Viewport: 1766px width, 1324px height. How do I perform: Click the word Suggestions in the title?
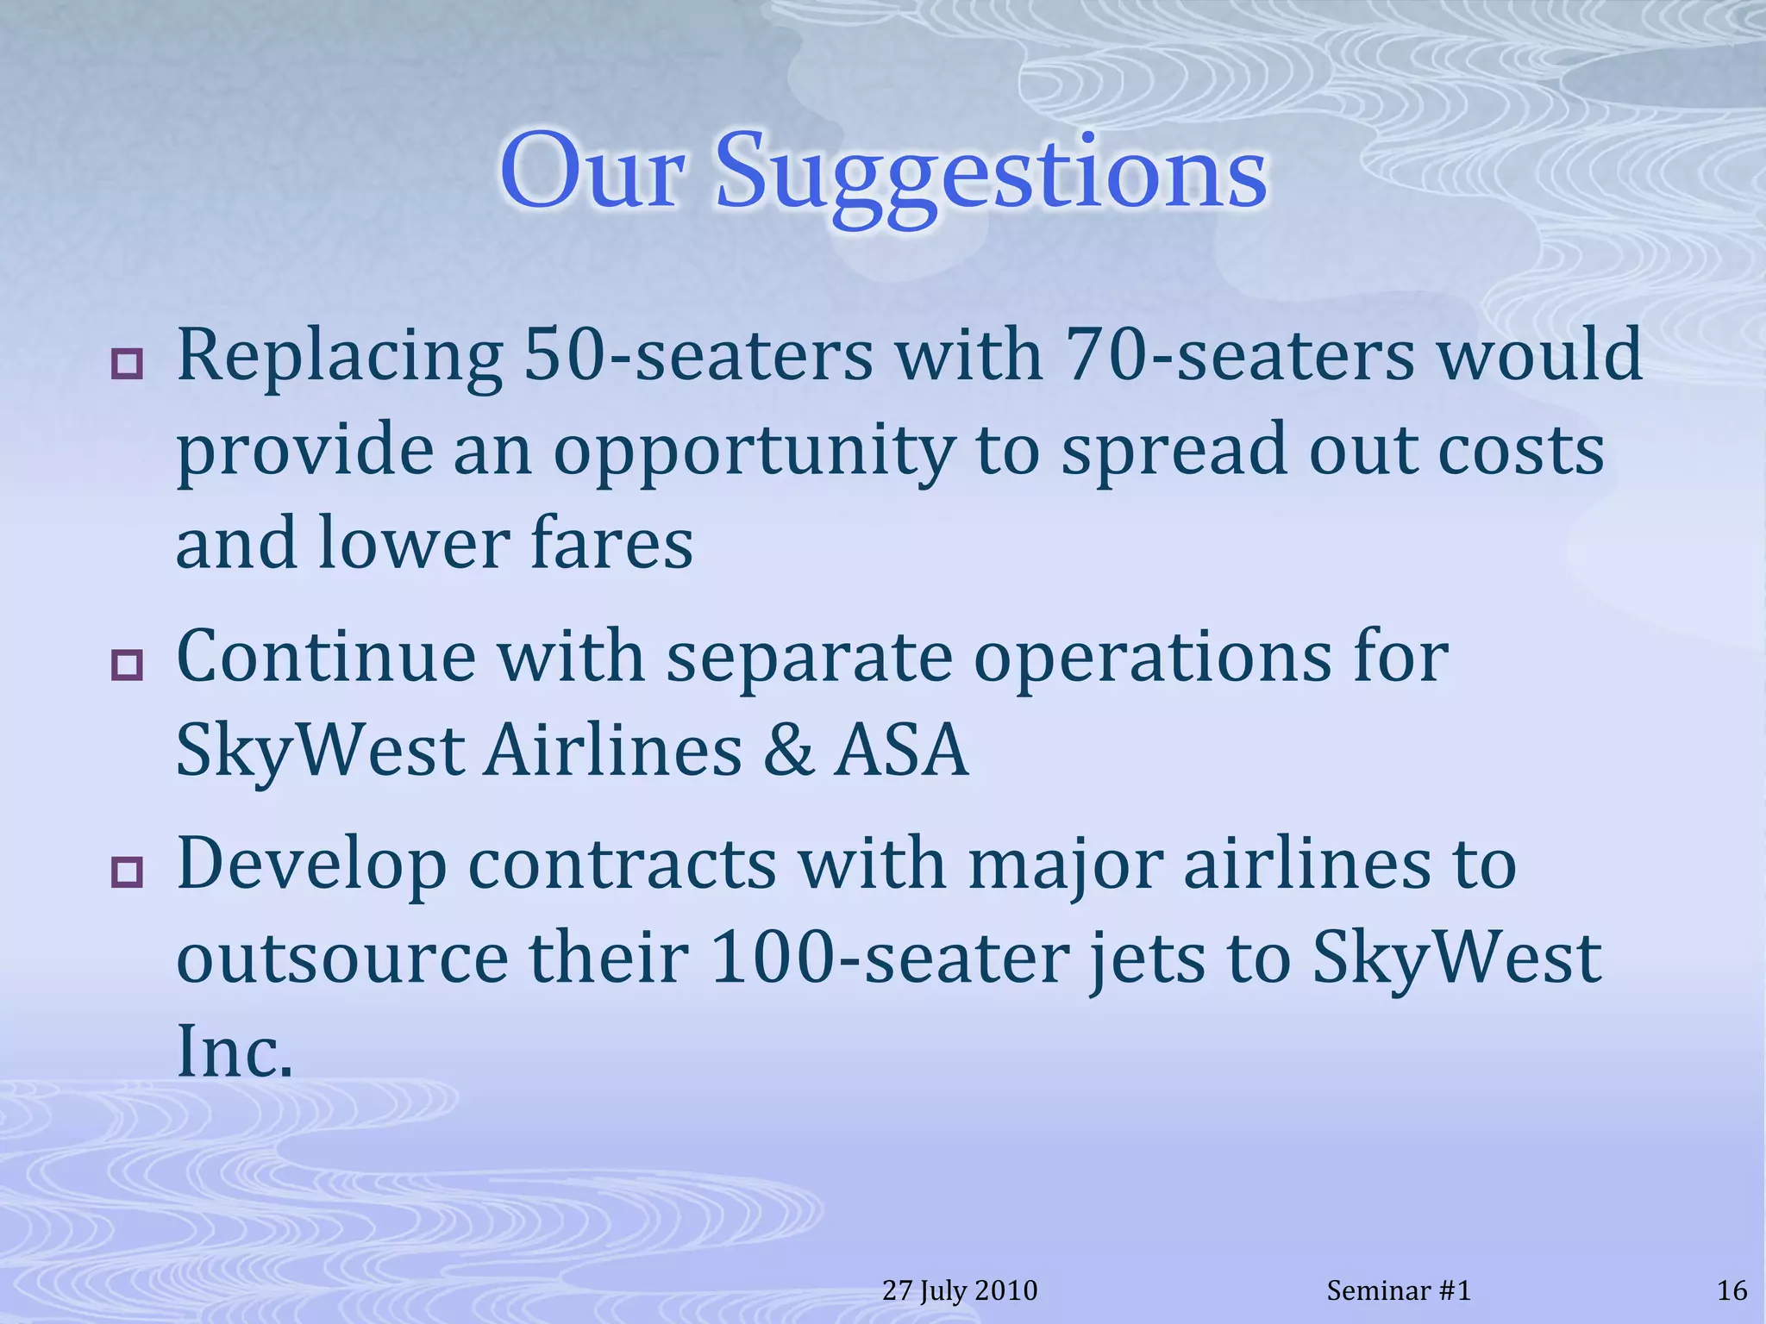(x=992, y=172)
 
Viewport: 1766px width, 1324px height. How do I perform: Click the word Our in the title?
(x=593, y=172)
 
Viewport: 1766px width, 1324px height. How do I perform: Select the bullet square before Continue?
(x=127, y=665)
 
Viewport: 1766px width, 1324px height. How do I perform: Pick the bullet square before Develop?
(x=127, y=871)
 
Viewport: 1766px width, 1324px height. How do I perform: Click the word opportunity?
(x=754, y=453)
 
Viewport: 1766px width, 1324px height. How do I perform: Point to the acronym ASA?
(x=901, y=750)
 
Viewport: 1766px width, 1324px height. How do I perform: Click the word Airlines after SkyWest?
(x=612, y=750)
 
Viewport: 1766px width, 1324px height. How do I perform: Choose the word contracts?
(x=622, y=865)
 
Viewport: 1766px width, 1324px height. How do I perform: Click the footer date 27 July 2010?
(x=960, y=1290)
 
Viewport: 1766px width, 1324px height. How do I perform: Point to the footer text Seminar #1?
(x=1398, y=1290)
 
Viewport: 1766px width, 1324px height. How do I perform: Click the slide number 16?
(x=1732, y=1290)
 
